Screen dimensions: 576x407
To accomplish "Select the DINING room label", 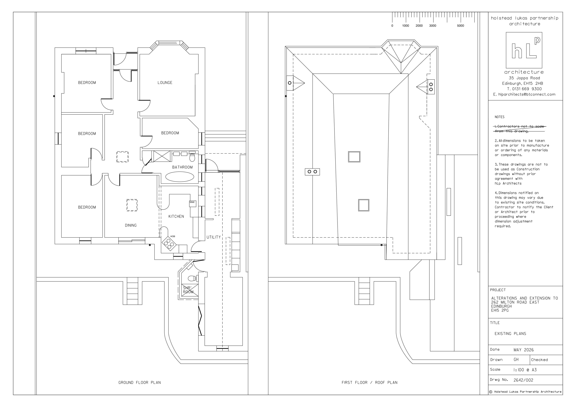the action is coord(131,225).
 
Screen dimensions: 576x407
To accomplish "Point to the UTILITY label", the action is coord(213,237).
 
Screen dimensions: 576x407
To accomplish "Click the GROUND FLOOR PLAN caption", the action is coord(139,382).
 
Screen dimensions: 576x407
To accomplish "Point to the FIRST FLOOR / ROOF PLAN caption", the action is coord(370,382).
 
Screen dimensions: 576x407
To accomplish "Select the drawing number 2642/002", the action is coord(523,380).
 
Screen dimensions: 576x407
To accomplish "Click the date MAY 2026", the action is coord(524,350).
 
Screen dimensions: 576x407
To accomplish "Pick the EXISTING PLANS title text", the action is coord(510,334).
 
